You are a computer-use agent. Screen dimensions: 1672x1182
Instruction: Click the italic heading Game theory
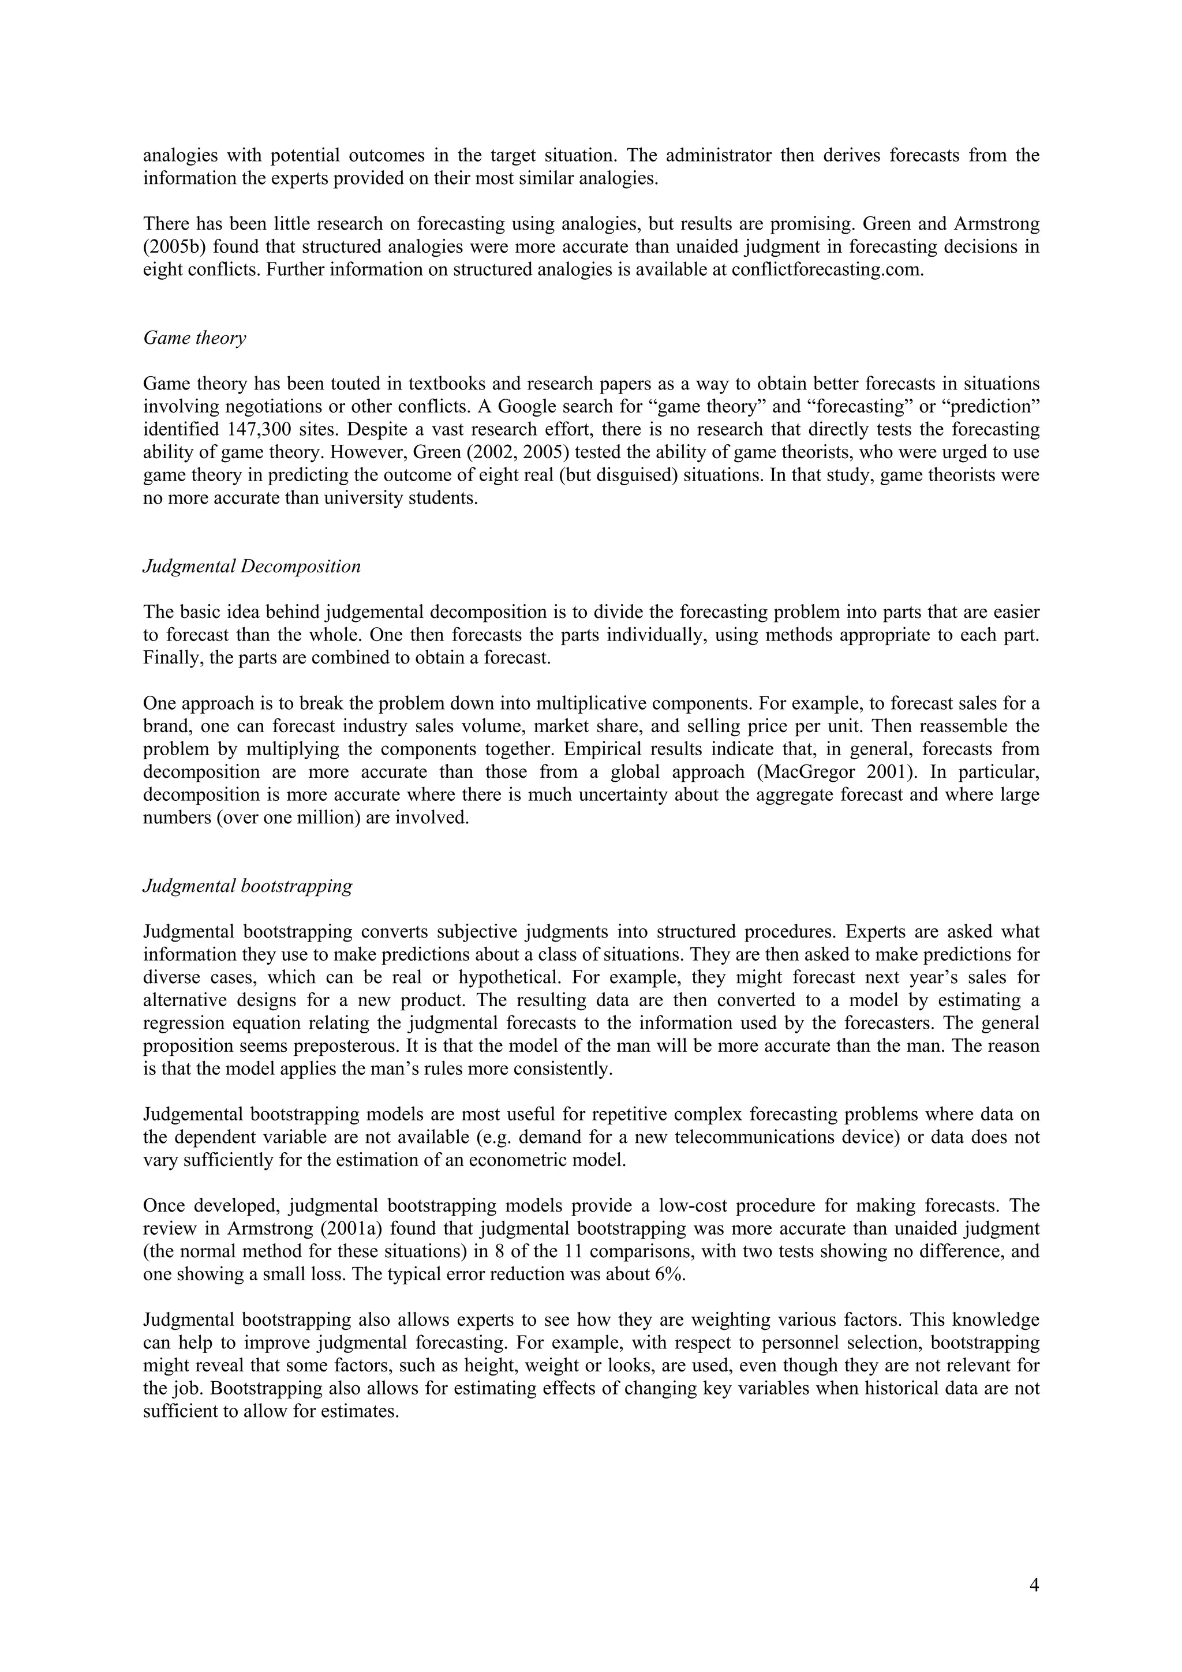click(194, 338)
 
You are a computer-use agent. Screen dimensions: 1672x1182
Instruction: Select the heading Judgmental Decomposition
click(251, 567)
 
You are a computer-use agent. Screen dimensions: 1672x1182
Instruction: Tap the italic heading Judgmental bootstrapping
click(248, 886)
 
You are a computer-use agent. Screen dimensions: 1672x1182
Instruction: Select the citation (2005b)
click(175, 248)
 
